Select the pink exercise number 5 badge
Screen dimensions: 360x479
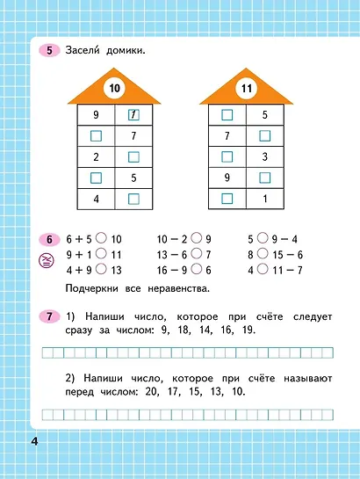tap(50, 51)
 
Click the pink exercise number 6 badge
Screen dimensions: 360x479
tap(50, 239)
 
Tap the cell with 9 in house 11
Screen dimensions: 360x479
tap(227, 178)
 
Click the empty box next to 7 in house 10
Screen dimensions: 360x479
tap(96, 136)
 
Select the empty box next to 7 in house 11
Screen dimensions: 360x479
tap(264, 136)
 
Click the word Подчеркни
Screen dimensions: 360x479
tap(95, 289)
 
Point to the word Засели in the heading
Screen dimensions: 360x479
tap(85, 51)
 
